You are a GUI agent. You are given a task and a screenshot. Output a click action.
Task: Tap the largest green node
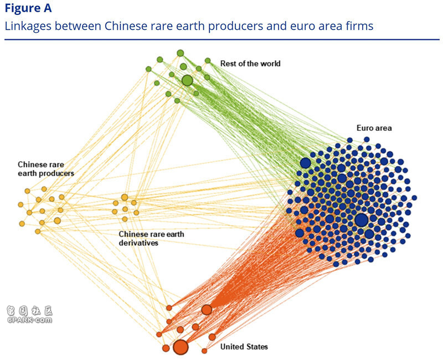tap(187, 80)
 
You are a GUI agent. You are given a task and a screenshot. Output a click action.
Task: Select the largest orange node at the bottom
tap(181, 347)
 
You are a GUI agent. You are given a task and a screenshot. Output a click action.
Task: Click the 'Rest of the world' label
tap(250, 64)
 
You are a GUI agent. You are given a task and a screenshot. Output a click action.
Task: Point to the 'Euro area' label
tap(375, 128)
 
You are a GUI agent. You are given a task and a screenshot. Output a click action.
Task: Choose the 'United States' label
tap(244, 347)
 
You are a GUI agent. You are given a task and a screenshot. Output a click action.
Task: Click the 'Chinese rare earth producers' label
tap(45, 169)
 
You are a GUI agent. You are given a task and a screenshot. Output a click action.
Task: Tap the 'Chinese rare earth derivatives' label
tap(151, 238)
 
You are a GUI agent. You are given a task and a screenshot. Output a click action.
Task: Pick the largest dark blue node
tap(361, 219)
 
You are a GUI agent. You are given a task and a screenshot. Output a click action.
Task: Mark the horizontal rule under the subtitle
tap(221, 39)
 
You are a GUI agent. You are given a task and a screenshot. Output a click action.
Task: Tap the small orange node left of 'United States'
tap(204, 351)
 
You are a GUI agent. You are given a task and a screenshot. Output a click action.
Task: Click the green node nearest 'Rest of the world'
tap(208, 60)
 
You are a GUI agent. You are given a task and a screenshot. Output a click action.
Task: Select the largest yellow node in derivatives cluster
tap(125, 197)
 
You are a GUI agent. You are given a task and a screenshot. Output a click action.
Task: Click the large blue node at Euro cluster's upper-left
tap(305, 162)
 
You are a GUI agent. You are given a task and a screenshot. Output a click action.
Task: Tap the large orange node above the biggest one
tap(207, 310)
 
